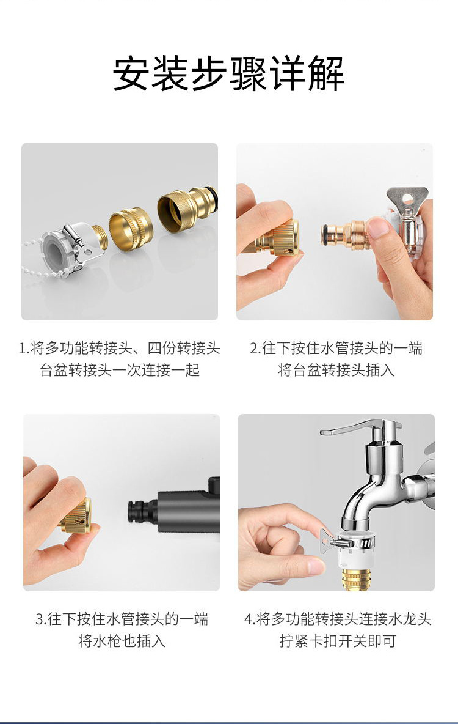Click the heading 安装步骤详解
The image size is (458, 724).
coord(229,74)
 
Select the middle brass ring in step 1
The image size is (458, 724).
coord(131,229)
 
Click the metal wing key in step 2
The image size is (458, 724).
coord(407,199)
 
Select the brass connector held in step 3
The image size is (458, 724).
coord(78,515)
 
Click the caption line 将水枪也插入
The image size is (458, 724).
coord(122,641)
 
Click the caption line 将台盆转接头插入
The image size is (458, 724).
coord(336,370)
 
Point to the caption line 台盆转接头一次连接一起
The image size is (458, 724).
coord(120,370)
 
